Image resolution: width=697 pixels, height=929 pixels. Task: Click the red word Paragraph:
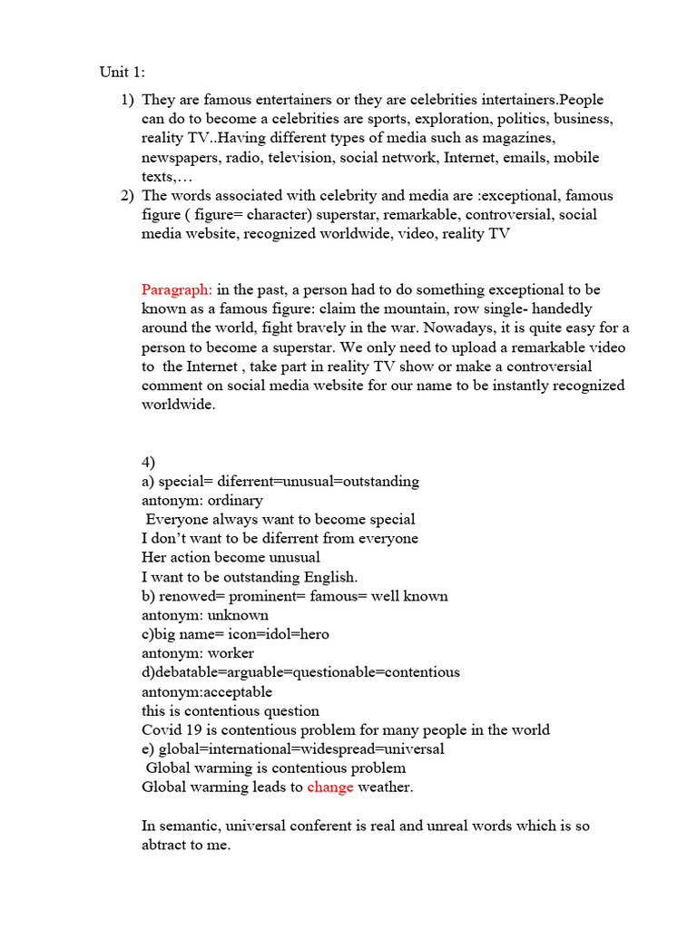point(177,289)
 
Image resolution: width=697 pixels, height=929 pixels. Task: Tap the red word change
point(330,787)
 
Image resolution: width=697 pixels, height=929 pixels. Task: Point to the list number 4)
point(148,462)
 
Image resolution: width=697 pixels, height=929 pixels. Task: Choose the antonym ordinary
point(232,500)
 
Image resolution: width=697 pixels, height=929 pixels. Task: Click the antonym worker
point(231,653)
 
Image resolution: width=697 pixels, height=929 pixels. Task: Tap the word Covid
point(161,730)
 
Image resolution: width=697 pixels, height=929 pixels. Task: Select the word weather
point(385,787)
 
